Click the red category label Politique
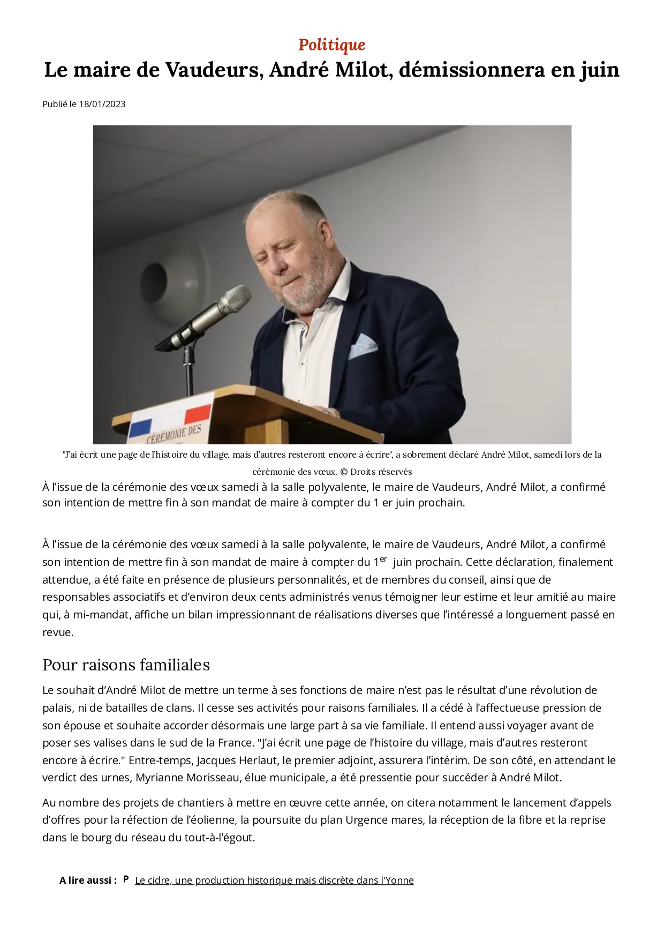pos(331,44)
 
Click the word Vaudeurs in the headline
pos(214,70)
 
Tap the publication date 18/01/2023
pos(102,104)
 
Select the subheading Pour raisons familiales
pos(126,665)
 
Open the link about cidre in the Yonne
pos(274,880)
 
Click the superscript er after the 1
pos(383,559)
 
